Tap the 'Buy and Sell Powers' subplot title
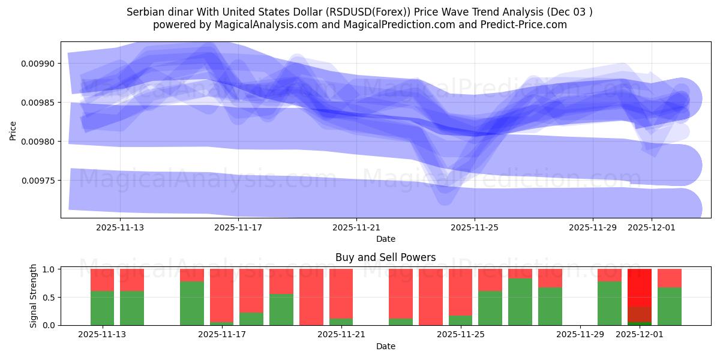pos(385,257)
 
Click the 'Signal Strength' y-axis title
pos(34,296)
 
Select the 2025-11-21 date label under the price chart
pos(356,227)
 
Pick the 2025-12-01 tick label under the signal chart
pos(640,335)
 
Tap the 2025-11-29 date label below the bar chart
pos(580,335)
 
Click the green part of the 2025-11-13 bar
pos(102,308)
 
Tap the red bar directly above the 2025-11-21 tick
pos(341,293)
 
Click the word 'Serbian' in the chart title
pos(145,12)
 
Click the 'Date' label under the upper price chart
pos(385,239)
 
